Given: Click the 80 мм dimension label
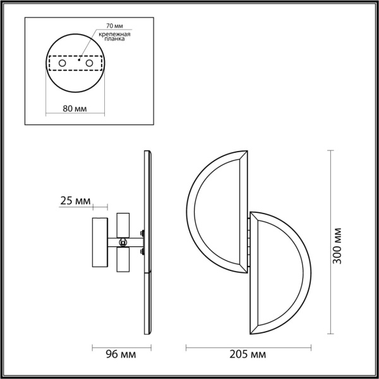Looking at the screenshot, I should point(75,108).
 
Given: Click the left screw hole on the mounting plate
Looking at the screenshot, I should point(61,64).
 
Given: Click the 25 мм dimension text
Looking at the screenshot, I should point(75,202).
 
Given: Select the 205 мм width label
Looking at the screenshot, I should point(250,354).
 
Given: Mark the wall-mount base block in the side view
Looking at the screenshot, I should point(100,241).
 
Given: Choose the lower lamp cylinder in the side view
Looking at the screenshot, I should point(123,259).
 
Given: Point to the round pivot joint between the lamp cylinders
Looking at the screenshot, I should point(124,241).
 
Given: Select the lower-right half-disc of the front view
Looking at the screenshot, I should point(281,272).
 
